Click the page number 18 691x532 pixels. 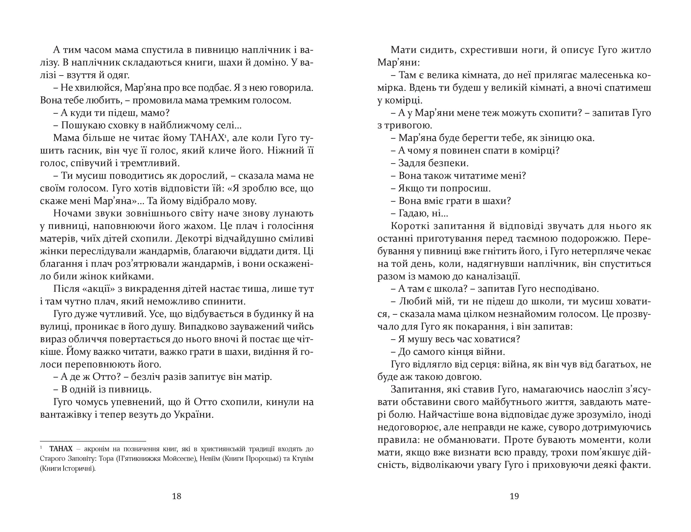point(177,496)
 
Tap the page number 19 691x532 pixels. point(514,496)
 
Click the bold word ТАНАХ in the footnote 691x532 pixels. point(61,449)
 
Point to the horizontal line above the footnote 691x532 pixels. point(93,441)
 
